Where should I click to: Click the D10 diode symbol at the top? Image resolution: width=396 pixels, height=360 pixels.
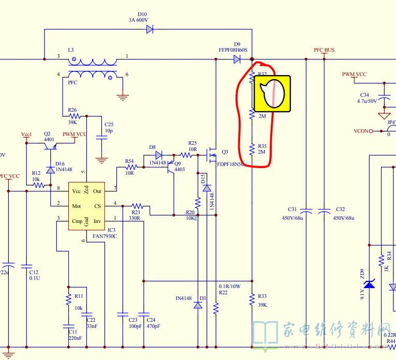point(150,29)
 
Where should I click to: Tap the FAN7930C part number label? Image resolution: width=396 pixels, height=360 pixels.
point(105,236)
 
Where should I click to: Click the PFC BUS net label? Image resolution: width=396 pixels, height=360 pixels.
point(324,50)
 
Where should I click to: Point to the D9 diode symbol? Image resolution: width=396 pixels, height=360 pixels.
point(237,59)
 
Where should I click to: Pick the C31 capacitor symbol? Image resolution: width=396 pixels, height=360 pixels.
point(306,211)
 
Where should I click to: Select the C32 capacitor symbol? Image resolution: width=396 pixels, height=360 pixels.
point(324,211)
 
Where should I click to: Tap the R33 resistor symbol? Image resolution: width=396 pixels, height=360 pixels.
point(252,299)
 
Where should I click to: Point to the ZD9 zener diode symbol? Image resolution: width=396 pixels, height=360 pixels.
point(369,284)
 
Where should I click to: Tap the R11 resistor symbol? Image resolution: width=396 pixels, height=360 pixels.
point(68,299)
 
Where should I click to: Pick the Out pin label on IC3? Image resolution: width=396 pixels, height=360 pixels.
point(97,191)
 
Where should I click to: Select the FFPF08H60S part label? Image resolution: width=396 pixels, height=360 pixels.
point(233,51)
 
